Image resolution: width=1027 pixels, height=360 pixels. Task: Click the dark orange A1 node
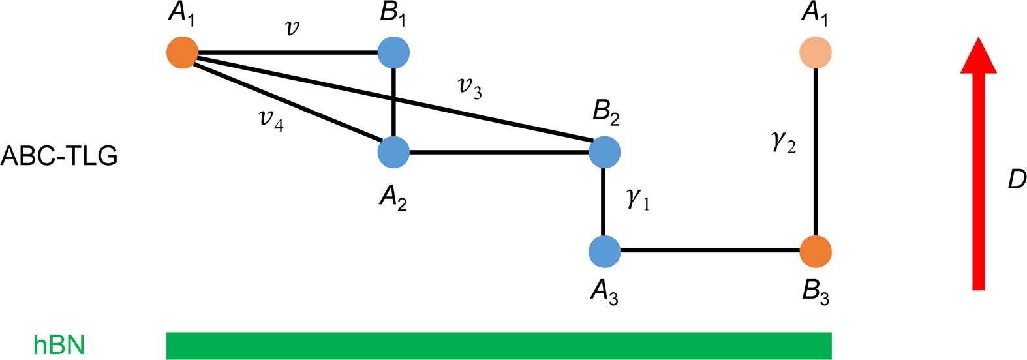point(182,52)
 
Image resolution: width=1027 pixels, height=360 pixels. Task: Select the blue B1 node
point(393,52)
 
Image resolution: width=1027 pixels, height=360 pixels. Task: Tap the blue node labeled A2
point(393,153)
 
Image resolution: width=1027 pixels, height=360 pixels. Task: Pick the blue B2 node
point(604,153)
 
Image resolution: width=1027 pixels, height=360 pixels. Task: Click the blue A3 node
point(604,252)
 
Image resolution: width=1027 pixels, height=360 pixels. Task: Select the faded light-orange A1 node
point(816,52)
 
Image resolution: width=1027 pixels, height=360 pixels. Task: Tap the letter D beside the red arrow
point(1016,179)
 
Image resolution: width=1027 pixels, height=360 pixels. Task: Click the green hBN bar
point(499,346)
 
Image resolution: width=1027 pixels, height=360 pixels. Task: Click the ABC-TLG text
point(59,157)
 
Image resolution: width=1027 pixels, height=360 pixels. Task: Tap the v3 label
point(470,87)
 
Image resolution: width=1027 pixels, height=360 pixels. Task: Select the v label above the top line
point(293,28)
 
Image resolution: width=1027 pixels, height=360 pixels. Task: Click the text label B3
point(816,292)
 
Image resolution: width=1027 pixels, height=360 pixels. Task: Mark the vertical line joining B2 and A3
point(604,202)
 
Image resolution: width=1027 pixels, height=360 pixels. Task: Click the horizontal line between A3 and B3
point(710,250)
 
